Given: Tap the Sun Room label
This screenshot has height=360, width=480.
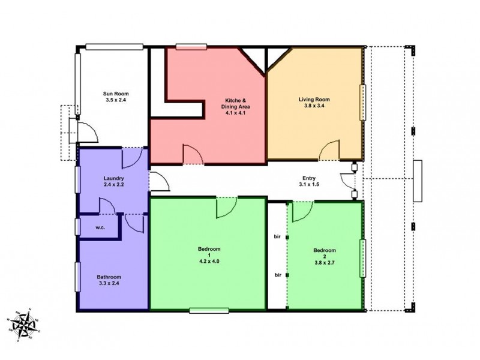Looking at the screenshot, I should click(x=116, y=94).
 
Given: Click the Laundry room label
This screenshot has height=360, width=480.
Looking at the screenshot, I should click(x=113, y=179).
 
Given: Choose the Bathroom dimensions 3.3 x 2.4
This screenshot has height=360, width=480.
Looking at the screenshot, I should click(x=113, y=284).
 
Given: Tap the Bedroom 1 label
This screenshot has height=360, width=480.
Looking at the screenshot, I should click(x=209, y=249).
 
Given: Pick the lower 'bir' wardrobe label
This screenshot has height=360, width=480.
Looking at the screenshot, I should click(x=278, y=275).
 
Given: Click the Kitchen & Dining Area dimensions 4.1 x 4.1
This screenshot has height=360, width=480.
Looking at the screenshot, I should click(x=237, y=113).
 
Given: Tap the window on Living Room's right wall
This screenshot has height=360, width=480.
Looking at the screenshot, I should click(x=362, y=102).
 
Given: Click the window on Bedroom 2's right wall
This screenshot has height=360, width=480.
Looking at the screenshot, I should click(x=362, y=258).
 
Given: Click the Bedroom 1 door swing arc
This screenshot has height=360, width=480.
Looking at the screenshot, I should click(x=226, y=208).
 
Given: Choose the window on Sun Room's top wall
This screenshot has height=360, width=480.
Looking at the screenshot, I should click(x=113, y=46).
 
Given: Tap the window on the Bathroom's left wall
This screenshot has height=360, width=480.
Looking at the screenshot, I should click(x=78, y=279).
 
